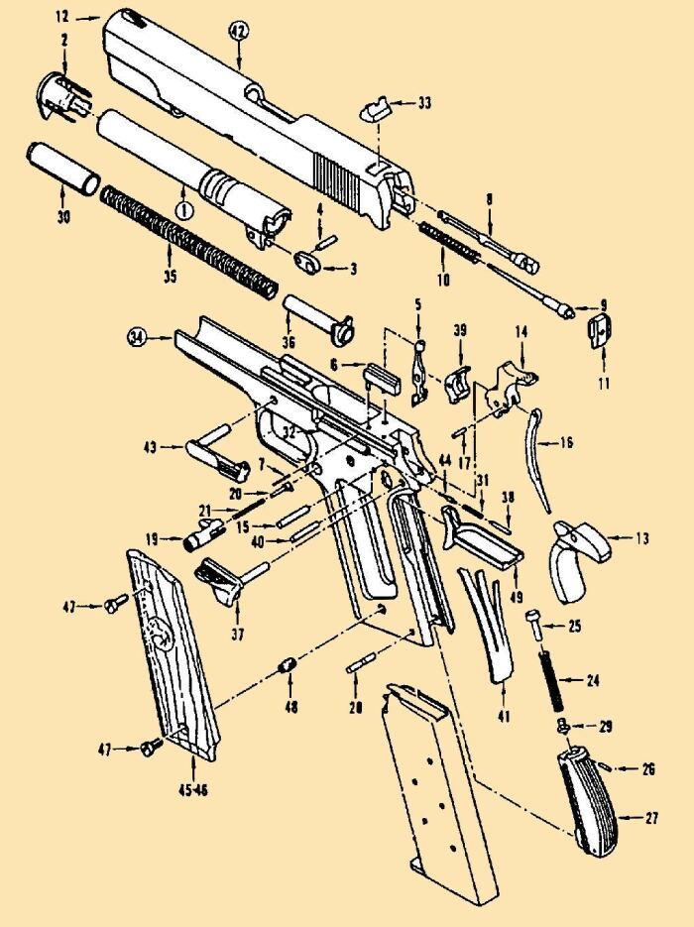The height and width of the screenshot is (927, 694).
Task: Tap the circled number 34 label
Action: [x=137, y=339]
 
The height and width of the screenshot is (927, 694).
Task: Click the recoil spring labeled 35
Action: [x=188, y=238]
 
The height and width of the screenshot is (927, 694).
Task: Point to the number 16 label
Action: [x=567, y=442]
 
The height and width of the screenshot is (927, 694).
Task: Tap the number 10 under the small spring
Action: [x=443, y=280]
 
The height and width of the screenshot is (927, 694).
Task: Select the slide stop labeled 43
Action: [x=218, y=453]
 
